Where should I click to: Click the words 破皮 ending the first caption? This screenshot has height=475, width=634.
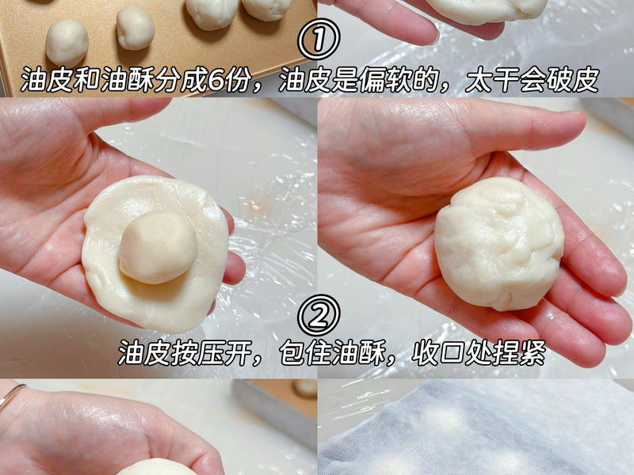pyautogui.click(x=573, y=79)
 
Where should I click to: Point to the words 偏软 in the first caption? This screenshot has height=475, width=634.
pyautogui.click(x=394, y=79)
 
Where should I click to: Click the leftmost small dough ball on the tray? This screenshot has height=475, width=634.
pyautogui.click(x=67, y=41)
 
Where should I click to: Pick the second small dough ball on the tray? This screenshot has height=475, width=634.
pyautogui.click(x=136, y=28)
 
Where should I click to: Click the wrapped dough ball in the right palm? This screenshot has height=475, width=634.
pyautogui.click(x=498, y=242)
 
